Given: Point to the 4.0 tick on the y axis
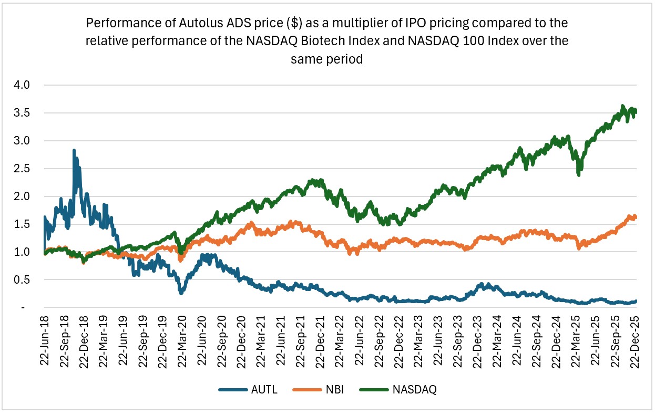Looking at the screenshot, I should click(24, 85).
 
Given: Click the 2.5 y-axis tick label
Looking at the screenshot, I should click(24, 169).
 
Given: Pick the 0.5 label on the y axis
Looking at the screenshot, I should click(24, 280).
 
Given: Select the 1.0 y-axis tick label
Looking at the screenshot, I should click(24, 252).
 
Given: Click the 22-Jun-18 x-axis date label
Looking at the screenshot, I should click(44, 341).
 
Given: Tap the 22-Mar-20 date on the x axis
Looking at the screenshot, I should click(181, 341).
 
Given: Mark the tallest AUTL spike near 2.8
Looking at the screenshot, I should click(74, 151).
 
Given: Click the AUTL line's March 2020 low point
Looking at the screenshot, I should click(181, 292).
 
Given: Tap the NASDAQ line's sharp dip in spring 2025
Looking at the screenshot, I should click(579, 173).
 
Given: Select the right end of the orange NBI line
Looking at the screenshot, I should click(636, 217).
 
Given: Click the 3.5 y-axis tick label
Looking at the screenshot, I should click(24, 113).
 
